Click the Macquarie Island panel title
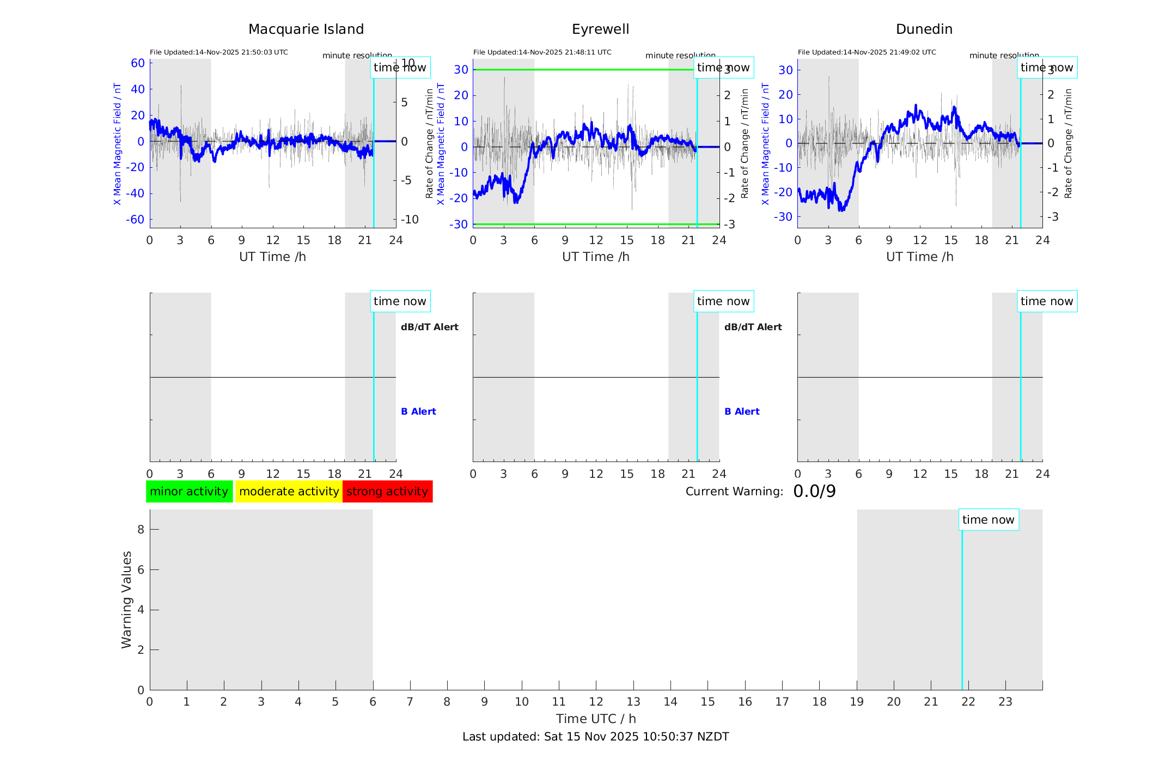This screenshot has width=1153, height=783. (x=306, y=29)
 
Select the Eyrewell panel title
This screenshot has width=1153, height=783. (x=600, y=29)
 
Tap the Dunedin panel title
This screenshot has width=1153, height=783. (x=924, y=29)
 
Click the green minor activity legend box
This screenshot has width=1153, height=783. (x=189, y=491)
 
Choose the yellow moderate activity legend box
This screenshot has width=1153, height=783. (x=289, y=491)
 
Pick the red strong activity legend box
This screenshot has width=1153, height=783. (x=387, y=491)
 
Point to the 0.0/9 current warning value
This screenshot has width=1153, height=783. (x=814, y=491)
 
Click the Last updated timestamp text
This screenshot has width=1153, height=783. (x=595, y=737)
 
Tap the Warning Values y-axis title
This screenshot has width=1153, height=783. (x=127, y=599)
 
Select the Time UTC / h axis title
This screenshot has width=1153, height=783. (x=595, y=719)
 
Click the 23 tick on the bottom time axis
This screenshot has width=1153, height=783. (x=1005, y=702)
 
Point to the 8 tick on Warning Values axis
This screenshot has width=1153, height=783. (x=141, y=529)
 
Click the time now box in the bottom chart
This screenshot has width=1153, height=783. (x=988, y=520)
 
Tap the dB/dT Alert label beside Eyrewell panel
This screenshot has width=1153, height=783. (x=753, y=327)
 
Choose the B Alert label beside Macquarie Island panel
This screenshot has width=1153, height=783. (x=418, y=411)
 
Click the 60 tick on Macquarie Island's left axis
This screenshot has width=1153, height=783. (x=138, y=63)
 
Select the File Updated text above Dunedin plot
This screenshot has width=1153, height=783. (x=867, y=52)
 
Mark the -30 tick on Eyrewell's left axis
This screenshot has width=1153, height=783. (x=459, y=224)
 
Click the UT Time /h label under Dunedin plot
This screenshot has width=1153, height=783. (x=919, y=257)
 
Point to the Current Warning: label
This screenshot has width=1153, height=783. (x=734, y=491)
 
